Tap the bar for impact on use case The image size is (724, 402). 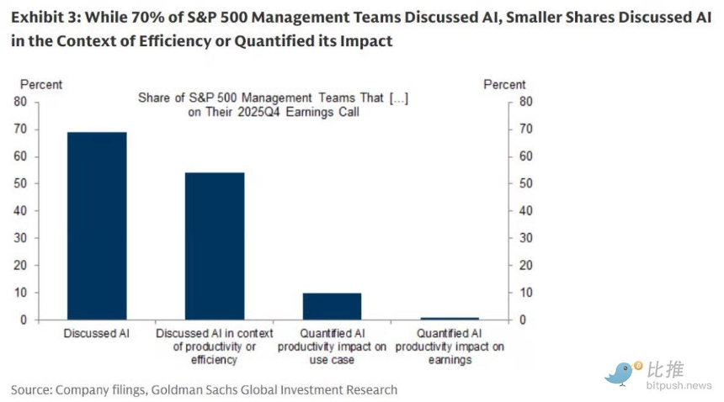(x=332, y=306)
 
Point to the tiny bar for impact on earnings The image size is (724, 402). (x=450, y=318)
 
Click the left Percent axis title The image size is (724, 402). (x=41, y=84)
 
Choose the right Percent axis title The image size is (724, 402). (x=504, y=84)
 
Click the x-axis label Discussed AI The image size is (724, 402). (x=97, y=334)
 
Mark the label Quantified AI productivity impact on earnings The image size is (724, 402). (x=450, y=346)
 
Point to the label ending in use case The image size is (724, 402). (x=332, y=346)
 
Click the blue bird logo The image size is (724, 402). (x=621, y=373)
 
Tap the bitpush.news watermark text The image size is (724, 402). (x=679, y=385)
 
